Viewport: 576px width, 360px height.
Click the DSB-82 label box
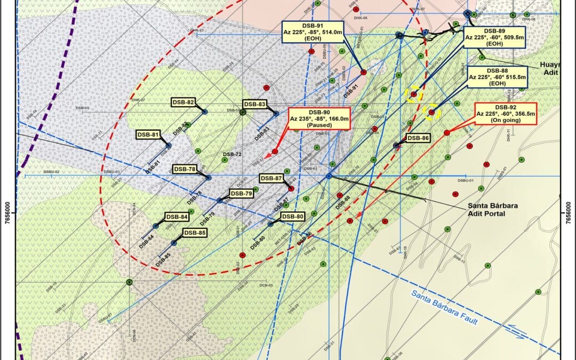(x=183, y=102)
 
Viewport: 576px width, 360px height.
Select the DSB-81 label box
(x=148, y=135)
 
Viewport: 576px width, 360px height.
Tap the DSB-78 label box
(x=185, y=169)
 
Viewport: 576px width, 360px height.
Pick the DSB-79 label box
(x=241, y=193)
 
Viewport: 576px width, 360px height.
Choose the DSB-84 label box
(x=177, y=217)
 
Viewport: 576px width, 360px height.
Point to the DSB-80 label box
(x=292, y=216)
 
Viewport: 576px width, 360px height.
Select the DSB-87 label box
(x=271, y=178)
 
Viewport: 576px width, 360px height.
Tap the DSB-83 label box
(x=254, y=105)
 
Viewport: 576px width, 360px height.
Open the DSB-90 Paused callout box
(x=319, y=118)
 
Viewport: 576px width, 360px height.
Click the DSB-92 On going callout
(x=506, y=114)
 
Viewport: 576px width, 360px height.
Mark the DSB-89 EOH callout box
(x=494, y=38)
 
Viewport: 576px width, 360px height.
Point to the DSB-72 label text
(x=233, y=154)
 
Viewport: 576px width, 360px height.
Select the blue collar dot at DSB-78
(x=209, y=178)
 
